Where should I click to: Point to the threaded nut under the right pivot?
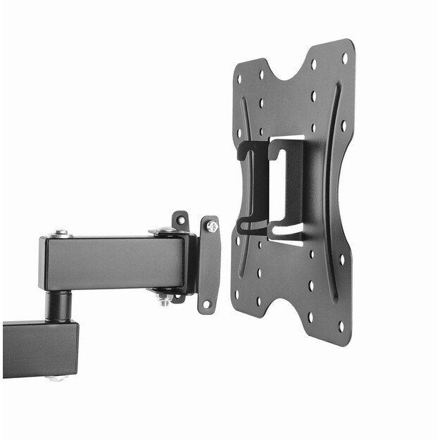(x=163, y=299)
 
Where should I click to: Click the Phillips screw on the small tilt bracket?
(x=211, y=227)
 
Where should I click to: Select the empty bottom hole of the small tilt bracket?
(x=206, y=304)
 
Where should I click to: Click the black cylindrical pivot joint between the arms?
(x=59, y=306)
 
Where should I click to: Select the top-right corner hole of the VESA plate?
(x=344, y=58)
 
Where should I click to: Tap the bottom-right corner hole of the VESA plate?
(x=341, y=326)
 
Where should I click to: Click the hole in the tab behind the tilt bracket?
(x=180, y=220)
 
